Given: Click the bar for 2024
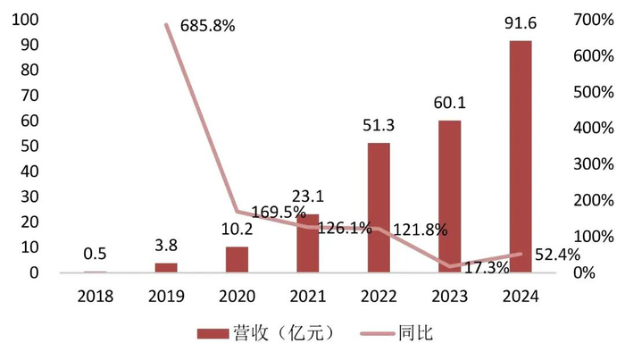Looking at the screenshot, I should coord(520,156).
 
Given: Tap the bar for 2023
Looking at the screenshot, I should coord(449,197).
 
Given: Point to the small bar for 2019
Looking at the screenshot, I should coord(165,267).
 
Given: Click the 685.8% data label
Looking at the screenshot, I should coord(207,26).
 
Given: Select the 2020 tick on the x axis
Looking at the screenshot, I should coord(236,296).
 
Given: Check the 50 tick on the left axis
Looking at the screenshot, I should coord(27,146).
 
